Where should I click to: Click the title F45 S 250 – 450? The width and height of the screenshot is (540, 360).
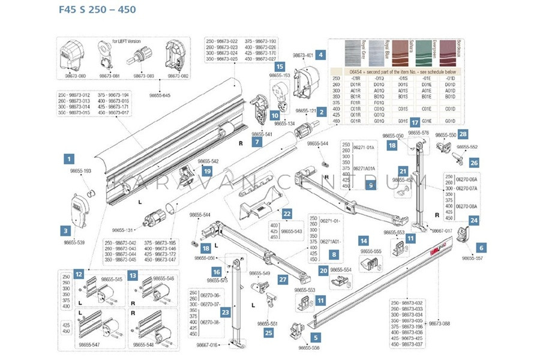click(97, 10)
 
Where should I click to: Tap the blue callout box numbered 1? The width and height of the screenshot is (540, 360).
click(70, 159)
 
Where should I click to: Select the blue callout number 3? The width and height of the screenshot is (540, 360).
click(65, 229)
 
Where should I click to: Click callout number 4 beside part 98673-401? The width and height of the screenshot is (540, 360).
click(321, 55)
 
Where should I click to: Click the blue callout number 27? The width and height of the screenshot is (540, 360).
click(283, 279)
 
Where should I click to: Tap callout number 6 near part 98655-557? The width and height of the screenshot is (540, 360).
click(482, 247)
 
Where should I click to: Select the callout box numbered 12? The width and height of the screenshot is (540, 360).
click(79, 274)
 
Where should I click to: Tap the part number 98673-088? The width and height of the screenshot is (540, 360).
click(440, 323)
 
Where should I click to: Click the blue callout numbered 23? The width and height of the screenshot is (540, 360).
click(224, 311)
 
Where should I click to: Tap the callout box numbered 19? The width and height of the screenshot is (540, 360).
click(207, 171)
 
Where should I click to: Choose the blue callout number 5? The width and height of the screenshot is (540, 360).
click(316, 337)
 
